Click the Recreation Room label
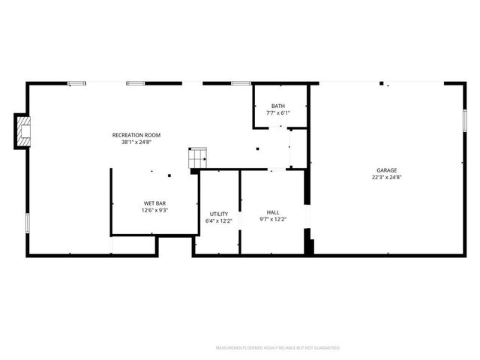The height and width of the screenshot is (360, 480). point(136,135)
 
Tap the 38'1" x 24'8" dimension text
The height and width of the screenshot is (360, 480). point(136,142)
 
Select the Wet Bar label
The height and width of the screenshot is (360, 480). point(154,203)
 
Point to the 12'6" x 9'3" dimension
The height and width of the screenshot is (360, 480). point(154,210)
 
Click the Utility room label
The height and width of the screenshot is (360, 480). point(219,214)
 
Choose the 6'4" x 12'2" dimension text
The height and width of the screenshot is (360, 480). point(219,221)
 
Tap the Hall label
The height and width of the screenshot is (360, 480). point(273,212)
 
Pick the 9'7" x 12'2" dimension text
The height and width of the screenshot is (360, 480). point(273,219)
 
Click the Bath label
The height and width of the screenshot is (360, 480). point(278,106)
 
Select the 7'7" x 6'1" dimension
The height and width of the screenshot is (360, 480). point(278,113)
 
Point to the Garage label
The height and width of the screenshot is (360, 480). point(387,170)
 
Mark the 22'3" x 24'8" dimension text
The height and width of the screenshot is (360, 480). point(387,178)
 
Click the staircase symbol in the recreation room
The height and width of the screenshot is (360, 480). point(197,158)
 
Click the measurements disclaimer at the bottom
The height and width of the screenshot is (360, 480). point(277,348)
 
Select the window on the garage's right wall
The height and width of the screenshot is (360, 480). point(465,119)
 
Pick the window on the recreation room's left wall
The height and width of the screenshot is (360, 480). point(28,223)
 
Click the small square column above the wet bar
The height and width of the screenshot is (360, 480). point(169,175)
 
